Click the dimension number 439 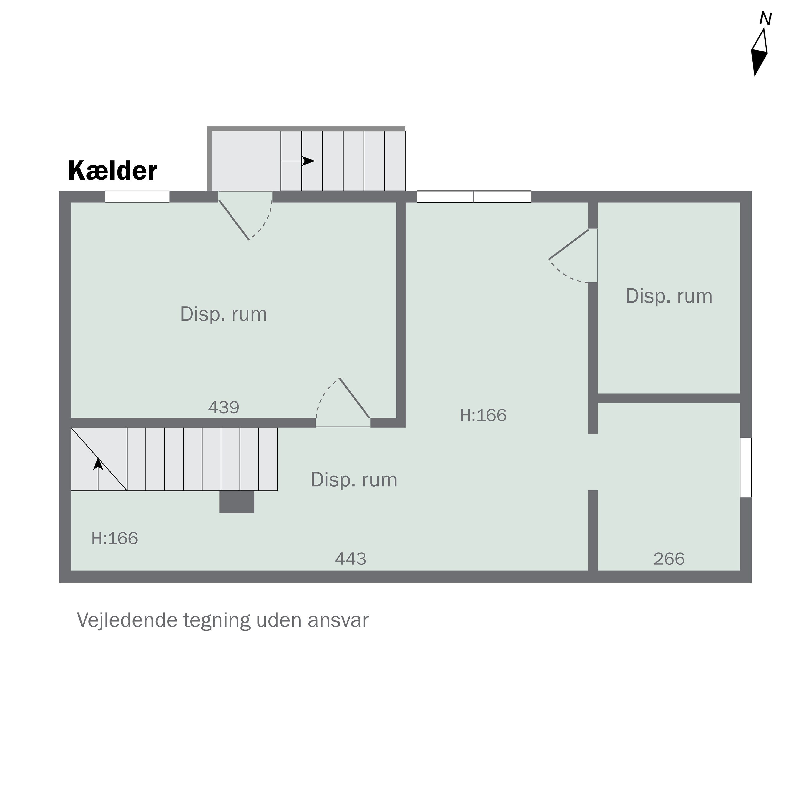tap(224, 407)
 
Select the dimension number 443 tap(351, 559)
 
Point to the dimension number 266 tap(669, 559)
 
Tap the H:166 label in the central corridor tap(483, 415)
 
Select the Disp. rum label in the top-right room tap(669, 296)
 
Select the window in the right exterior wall tap(746, 468)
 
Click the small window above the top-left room tap(137, 197)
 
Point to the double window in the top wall tap(474, 197)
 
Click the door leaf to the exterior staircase tap(234, 220)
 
